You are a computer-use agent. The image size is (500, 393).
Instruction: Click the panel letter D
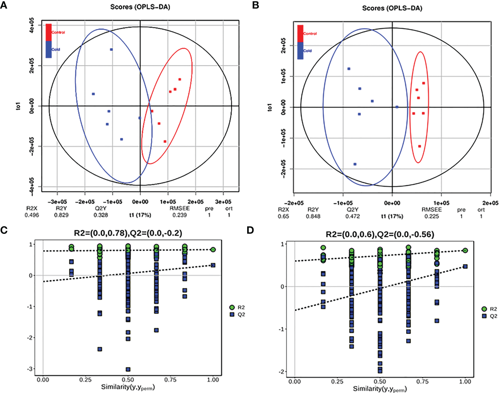[x=250, y=230]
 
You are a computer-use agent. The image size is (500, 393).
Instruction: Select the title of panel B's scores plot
[x=392, y=8]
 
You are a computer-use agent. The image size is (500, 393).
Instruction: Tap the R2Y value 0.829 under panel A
[x=61, y=215]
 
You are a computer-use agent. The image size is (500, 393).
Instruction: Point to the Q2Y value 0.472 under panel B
[x=352, y=216]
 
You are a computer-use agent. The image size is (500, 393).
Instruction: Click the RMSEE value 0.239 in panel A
[x=180, y=215]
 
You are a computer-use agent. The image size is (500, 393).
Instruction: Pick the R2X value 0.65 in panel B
[x=283, y=216]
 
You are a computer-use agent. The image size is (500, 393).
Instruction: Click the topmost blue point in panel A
[x=111, y=50]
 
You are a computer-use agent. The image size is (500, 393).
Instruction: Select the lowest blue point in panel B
[x=355, y=164]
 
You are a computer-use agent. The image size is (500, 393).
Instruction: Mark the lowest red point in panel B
[x=420, y=146]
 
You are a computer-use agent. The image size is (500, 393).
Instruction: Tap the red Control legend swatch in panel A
[x=49, y=32]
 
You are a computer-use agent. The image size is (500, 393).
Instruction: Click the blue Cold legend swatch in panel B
[x=300, y=51]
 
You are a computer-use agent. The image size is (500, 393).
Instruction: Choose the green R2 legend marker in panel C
[x=232, y=307]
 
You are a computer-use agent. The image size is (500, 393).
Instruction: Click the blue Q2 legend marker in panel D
[x=484, y=316]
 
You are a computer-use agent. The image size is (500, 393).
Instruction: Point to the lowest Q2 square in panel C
[x=128, y=369]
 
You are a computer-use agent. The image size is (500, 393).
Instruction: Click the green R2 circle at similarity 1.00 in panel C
[x=213, y=249]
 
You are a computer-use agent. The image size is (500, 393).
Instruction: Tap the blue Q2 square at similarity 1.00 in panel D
[x=465, y=266]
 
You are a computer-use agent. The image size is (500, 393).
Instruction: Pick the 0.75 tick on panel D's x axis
[x=422, y=382]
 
